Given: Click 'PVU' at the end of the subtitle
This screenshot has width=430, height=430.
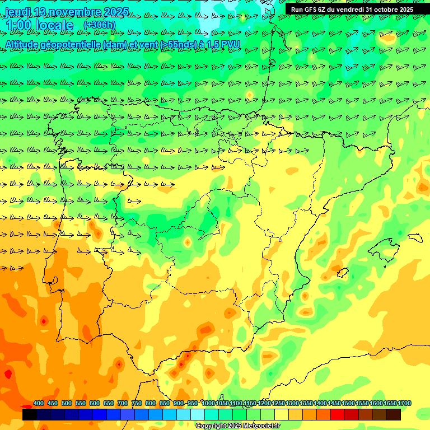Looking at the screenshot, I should click(231, 44).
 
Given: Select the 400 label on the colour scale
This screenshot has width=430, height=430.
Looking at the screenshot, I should click(39, 404).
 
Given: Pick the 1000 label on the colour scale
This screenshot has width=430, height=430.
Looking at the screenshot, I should click(208, 404).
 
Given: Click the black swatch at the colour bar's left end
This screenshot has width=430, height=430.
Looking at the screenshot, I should click(30, 414).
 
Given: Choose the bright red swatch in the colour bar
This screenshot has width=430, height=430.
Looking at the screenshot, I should click(338, 414).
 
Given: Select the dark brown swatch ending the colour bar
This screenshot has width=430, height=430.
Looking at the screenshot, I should click(394, 414).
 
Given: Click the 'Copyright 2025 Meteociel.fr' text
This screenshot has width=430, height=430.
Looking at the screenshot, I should click(237, 426).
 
